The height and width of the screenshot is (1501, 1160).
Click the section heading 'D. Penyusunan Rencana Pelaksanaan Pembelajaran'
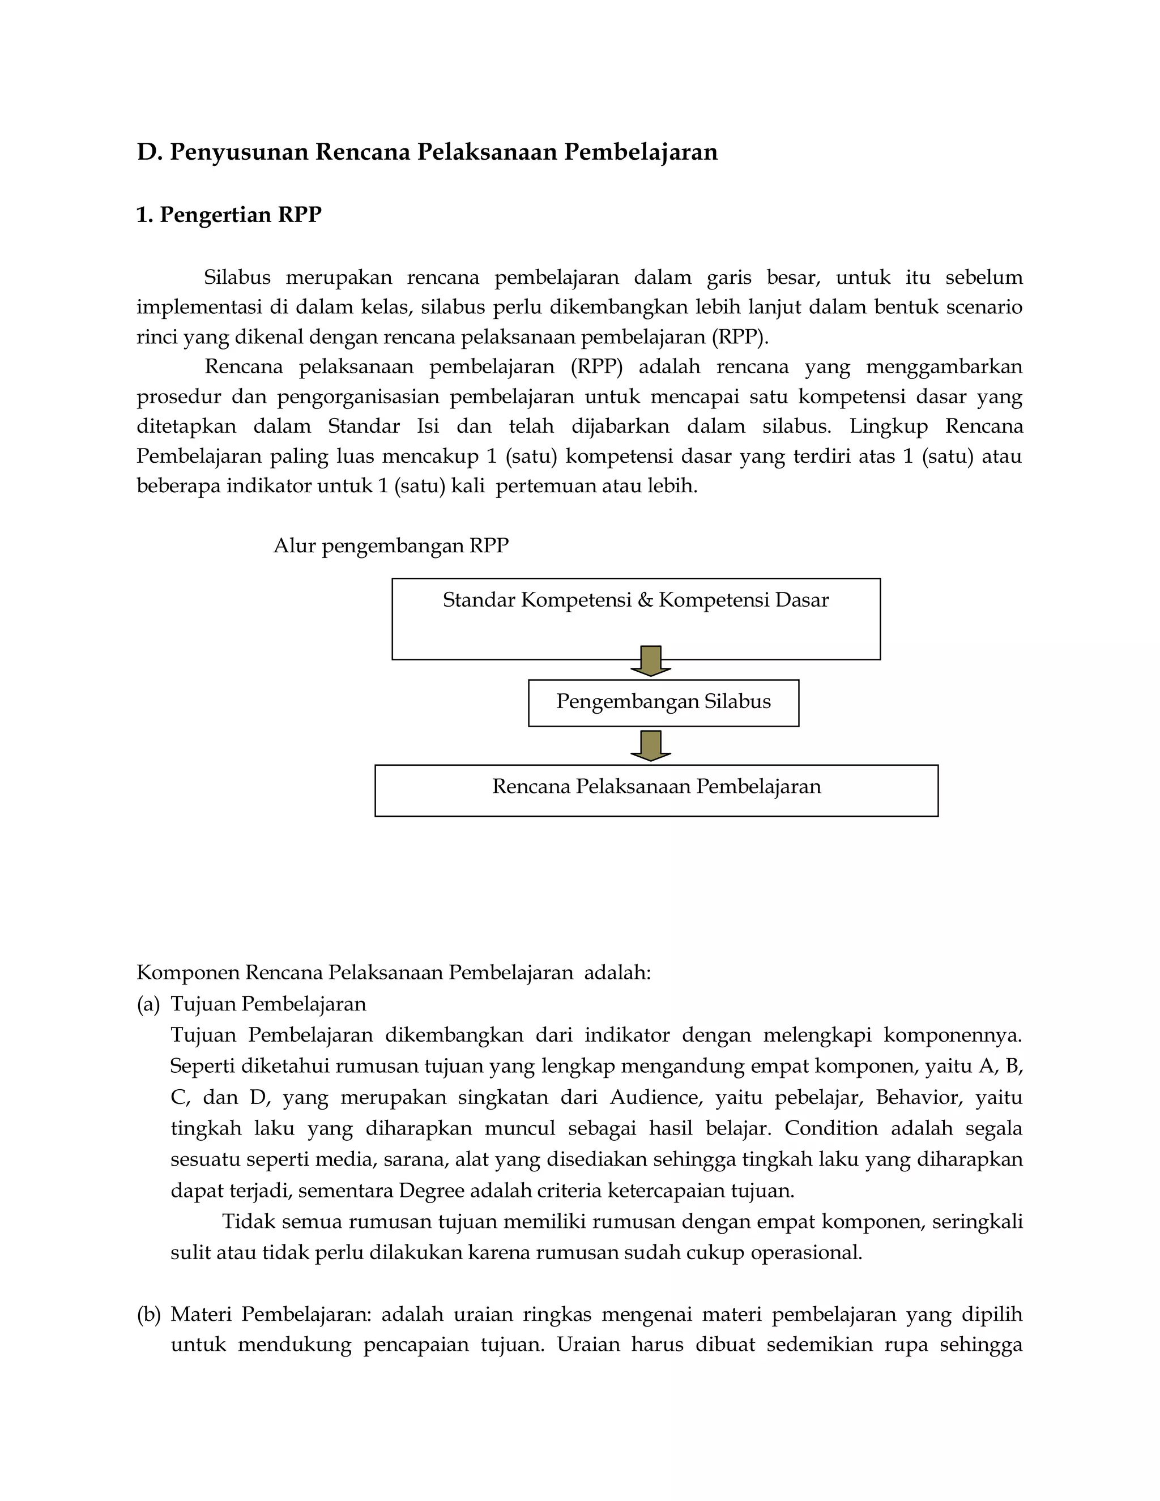[427, 152]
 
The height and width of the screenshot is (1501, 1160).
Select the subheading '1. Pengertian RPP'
[229, 215]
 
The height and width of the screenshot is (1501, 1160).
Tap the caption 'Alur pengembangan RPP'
[391, 545]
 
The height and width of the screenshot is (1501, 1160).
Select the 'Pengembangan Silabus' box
[663, 702]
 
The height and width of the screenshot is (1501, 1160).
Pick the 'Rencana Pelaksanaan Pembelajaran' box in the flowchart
[656, 790]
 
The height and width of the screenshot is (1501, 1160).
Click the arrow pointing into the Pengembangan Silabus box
[651, 660]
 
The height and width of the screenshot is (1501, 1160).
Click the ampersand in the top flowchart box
[645, 600]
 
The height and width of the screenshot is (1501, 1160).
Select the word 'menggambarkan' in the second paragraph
[944, 367]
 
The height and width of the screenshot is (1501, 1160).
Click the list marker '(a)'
[148, 1004]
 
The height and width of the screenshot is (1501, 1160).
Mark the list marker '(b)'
[148, 1315]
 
